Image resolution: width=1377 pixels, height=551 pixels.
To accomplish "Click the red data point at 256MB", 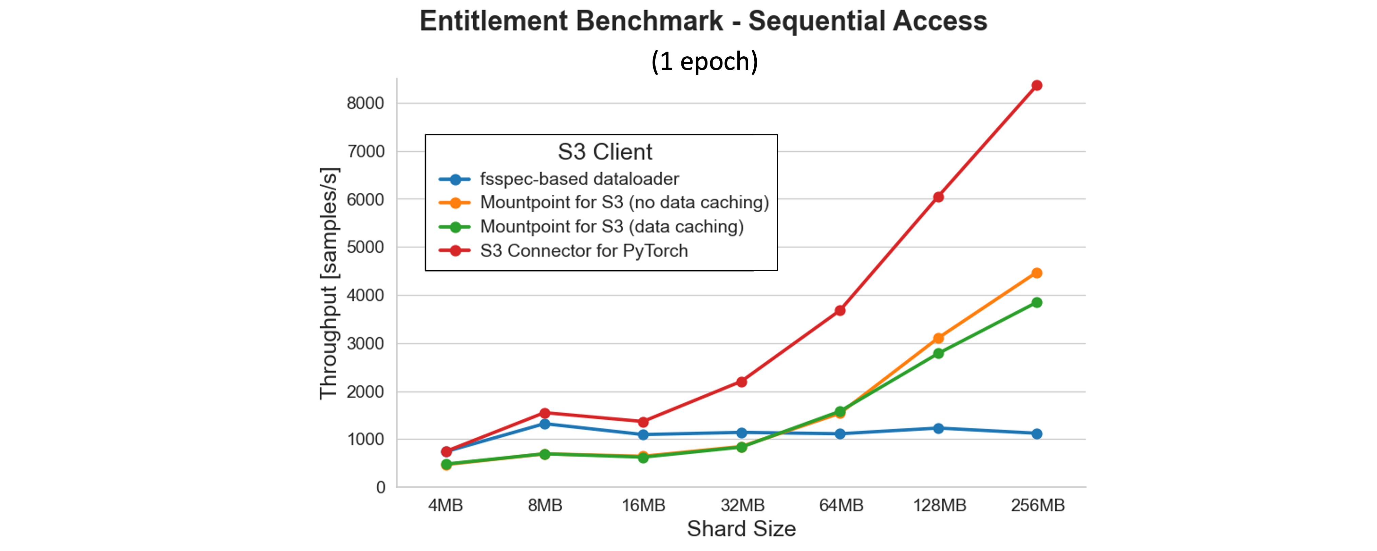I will (1037, 85).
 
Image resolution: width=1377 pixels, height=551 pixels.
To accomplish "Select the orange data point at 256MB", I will (1037, 273).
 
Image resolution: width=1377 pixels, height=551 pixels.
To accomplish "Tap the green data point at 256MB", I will (1037, 303).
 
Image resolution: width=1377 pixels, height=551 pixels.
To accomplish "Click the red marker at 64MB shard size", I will (840, 310).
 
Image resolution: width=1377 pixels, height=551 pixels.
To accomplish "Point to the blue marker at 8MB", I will (545, 424).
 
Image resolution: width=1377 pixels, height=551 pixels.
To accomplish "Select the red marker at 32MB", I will (741, 382).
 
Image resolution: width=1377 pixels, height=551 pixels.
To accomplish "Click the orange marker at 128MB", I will (938, 338).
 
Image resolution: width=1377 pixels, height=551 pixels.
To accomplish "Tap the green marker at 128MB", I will (938, 353).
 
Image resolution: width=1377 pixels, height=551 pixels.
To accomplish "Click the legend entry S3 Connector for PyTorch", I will (584, 251).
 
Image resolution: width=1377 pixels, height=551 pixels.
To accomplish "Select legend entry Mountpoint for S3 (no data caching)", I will (624, 203).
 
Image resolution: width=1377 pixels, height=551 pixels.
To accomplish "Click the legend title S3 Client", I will (605, 152).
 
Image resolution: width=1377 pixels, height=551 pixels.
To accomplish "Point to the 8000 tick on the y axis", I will (366, 103).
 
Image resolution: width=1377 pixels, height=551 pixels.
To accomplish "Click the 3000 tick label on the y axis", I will (366, 344).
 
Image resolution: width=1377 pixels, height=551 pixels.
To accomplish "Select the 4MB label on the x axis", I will (445, 505).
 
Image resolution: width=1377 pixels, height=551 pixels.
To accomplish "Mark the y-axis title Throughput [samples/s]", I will (329, 283).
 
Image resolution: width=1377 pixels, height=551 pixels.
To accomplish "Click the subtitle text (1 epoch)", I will (704, 61).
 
